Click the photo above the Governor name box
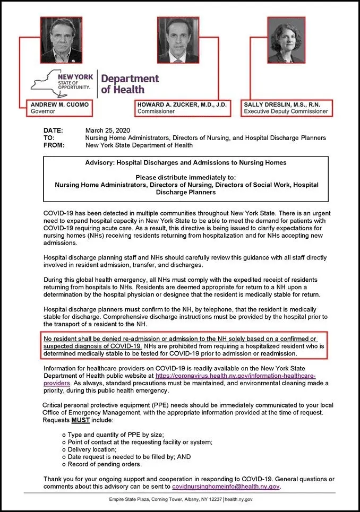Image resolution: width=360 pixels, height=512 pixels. point(62,40)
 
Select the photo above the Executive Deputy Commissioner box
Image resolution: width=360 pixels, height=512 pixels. point(286,40)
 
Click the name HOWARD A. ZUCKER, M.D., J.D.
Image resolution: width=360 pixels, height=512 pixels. point(182,105)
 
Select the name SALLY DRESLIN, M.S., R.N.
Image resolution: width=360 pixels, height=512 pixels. point(285,105)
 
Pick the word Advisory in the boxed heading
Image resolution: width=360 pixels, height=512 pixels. point(99,163)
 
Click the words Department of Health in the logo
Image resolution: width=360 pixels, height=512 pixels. point(130,84)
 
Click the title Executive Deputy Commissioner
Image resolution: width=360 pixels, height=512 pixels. point(285,112)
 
